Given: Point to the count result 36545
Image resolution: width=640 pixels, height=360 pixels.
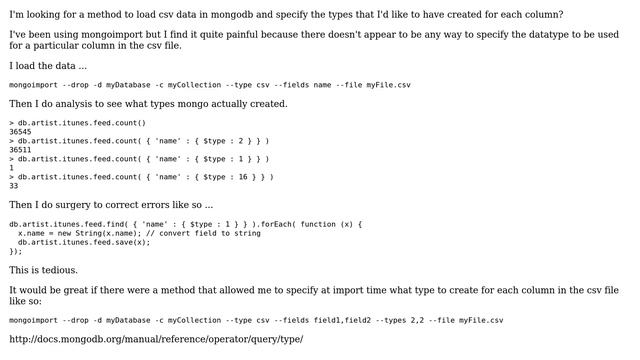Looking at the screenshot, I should pos(20,131).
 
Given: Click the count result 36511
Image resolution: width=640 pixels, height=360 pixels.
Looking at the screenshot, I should pos(20,149).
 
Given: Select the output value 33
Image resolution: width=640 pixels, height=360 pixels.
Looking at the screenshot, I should pos(14,185).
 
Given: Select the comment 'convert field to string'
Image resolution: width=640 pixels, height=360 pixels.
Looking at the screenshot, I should pos(194,233).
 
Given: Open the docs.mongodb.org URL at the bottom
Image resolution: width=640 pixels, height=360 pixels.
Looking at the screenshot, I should pos(156,339).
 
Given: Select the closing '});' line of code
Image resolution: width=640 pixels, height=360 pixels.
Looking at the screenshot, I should pos(15,251).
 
